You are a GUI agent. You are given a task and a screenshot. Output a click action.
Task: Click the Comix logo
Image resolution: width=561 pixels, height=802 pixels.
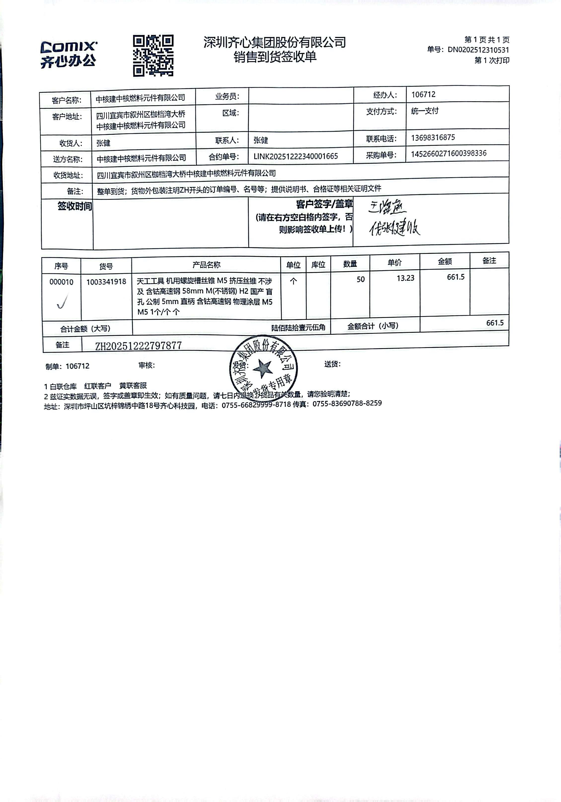tap(69, 55)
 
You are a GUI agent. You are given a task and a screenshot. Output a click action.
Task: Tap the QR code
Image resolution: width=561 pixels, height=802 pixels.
tap(153, 56)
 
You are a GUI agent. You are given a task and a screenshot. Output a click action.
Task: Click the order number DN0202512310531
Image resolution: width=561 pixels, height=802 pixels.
tap(478, 50)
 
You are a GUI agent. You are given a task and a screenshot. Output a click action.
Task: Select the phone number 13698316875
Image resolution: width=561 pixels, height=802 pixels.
tap(433, 138)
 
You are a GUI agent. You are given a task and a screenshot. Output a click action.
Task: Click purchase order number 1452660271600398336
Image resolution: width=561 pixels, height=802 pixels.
tap(449, 154)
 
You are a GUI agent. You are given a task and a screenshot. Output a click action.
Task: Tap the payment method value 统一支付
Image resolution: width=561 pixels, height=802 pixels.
tap(425, 111)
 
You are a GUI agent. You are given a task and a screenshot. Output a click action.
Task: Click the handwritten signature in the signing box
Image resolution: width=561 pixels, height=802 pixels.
tap(394, 219)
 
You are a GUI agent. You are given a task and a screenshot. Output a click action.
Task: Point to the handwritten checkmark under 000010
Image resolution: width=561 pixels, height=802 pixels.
tap(62, 301)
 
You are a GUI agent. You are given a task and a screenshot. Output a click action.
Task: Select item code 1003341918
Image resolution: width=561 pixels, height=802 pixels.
tap(106, 282)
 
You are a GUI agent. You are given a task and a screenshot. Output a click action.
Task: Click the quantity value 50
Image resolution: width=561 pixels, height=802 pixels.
tap(360, 279)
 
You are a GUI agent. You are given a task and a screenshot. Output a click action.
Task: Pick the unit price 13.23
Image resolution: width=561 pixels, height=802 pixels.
tap(406, 278)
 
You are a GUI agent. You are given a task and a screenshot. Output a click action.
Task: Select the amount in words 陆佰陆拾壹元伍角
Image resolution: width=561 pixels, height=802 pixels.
tap(298, 328)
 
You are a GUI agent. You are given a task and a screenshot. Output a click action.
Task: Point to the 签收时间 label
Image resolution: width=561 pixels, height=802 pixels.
tap(75, 206)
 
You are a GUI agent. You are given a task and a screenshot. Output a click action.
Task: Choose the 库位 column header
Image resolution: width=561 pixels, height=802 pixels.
tap(318, 265)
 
